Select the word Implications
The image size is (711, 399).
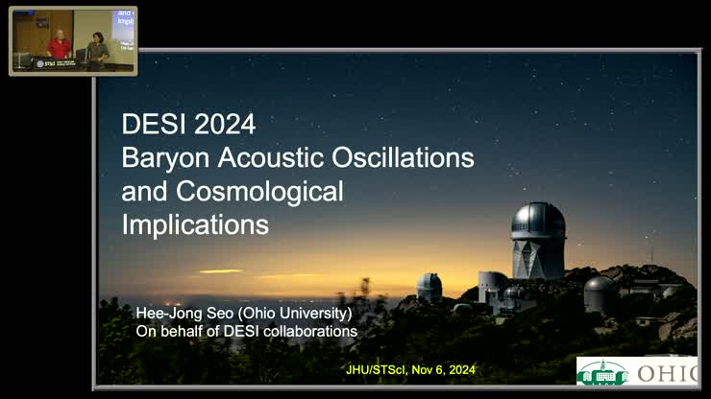195,224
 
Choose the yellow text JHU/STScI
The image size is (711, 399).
377,370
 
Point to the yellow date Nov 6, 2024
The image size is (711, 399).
444,370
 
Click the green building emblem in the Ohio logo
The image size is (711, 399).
602,372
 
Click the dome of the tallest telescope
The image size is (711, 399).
538,220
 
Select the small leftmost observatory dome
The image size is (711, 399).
429,284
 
